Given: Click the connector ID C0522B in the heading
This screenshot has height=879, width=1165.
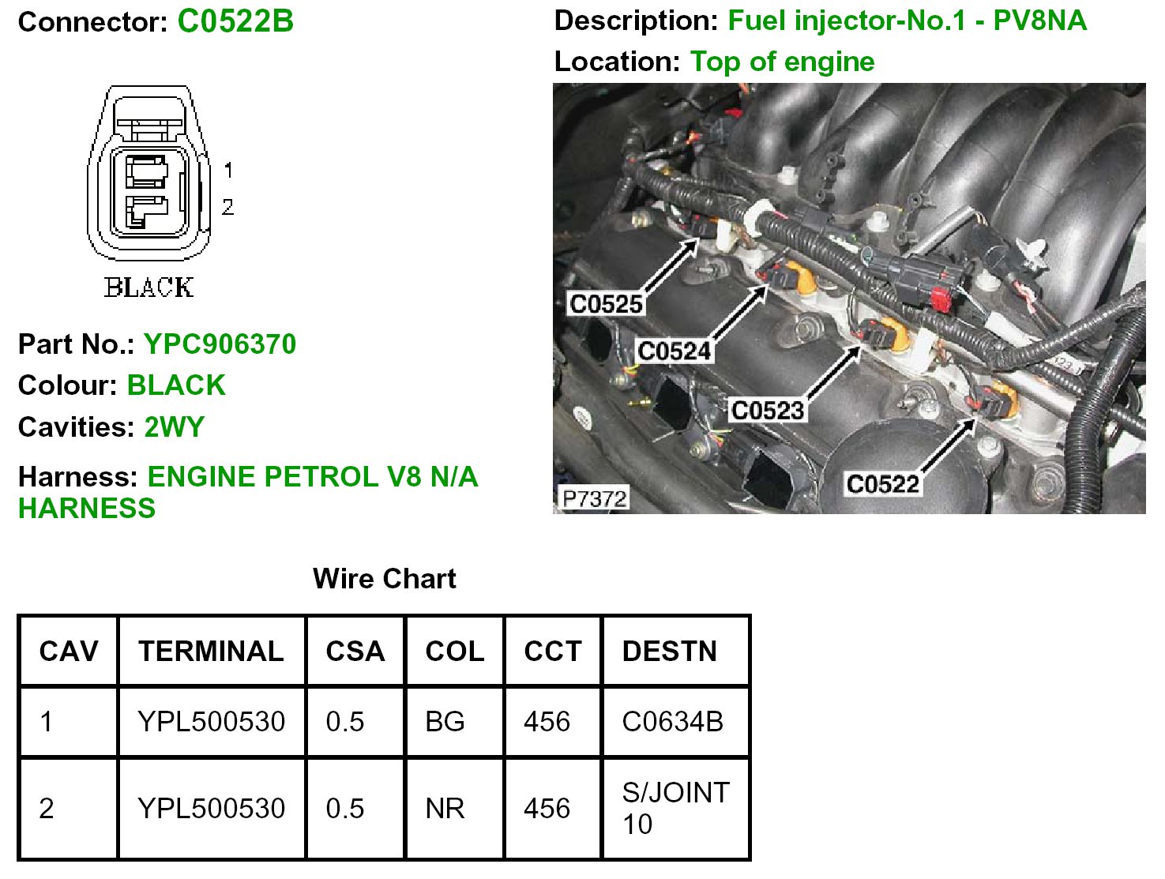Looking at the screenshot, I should pyautogui.click(x=235, y=21).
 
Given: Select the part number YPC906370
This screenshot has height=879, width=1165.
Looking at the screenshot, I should pyautogui.click(x=220, y=344).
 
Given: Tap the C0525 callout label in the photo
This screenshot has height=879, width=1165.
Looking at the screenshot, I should pyautogui.click(x=606, y=304).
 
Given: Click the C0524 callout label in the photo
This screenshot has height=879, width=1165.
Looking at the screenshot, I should pyautogui.click(x=674, y=351).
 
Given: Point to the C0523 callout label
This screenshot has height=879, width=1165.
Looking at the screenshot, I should pyautogui.click(x=767, y=411).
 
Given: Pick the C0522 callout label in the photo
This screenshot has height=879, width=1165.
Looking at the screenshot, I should pyautogui.click(x=882, y=483).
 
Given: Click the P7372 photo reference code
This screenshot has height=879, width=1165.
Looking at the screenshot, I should pyautogui.click(x=594, y=499).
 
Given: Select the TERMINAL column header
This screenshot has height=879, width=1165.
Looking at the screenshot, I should pyautogui.click(x=211, y=652).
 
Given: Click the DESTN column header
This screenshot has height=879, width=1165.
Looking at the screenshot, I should pyautogui.click(x=670, y=652).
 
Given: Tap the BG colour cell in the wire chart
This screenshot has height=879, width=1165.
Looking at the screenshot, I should pyautogui.click(x=445, y=722).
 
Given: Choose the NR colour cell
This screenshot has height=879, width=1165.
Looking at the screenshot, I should pyautogui.click(x=445, y=809).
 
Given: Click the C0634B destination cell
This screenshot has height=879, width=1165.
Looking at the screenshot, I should pyautogui.click(x=672, y=722).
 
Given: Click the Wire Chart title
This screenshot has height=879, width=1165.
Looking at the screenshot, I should pyautogui.click(x=385, y=579).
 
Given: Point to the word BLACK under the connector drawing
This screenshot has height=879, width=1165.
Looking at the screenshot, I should pyautogui.click(x=148, y=287).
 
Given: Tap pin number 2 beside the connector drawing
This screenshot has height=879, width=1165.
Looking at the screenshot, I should pyautogui.click(x=227, y=207).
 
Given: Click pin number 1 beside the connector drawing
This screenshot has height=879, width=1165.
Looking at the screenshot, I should pyautogui.click(x=228, y=170).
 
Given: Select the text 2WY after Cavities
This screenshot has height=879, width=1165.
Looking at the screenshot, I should pyautogui.click(x=174, y=427).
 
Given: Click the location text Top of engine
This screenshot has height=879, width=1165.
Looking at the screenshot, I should pyautogui.click(x=782, y=62).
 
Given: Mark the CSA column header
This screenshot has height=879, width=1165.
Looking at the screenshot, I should pyautogui.click(x=355, y=652).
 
